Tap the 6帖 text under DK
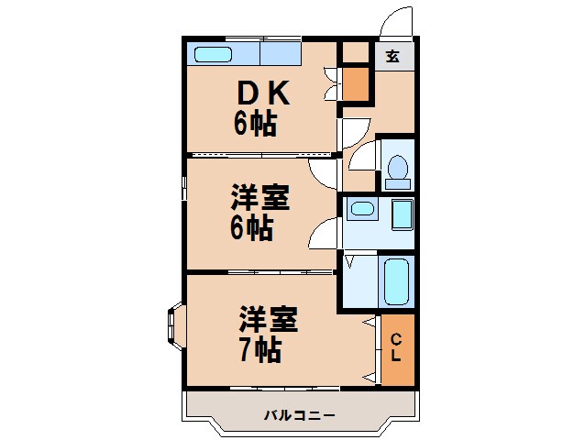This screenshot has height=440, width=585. coord(255,123)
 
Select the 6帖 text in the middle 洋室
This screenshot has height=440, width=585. coord(250,227)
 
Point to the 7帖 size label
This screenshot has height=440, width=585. coord(259,349)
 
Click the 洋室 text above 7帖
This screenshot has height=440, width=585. coord(269,321)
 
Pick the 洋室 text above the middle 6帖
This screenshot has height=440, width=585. coord(259,198)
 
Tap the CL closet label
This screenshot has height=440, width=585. coord(396,348)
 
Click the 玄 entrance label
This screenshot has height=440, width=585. coord(392,57)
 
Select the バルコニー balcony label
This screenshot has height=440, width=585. coord(300,415)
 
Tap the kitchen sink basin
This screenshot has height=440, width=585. coord(213,54)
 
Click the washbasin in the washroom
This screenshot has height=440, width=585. coord(361,208)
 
